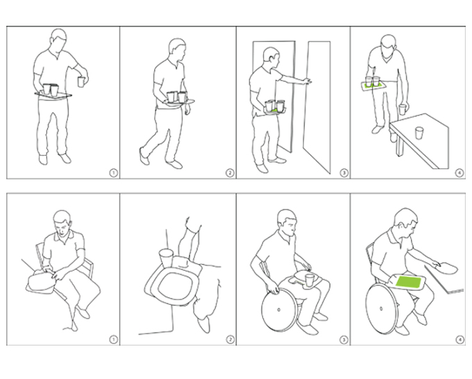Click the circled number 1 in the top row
113,173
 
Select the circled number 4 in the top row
460,173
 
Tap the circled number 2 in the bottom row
230,340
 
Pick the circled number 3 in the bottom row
344,340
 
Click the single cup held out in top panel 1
81,82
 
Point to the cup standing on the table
419,133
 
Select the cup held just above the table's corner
403,109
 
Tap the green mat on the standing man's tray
374,86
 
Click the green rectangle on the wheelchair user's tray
408,282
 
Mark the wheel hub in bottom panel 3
279,309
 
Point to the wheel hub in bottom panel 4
381,309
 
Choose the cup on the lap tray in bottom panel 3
309,280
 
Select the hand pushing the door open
307,81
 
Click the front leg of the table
399,145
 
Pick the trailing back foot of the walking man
144,156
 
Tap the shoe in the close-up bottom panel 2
203,324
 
